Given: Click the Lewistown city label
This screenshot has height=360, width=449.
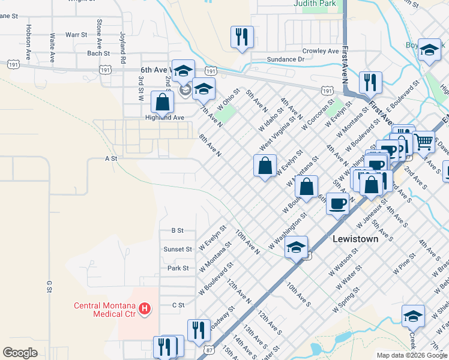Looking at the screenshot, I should coord(355,239).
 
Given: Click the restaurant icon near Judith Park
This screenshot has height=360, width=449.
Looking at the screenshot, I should coord(242,37).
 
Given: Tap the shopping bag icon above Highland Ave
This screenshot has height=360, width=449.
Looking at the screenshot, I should coord(162,101).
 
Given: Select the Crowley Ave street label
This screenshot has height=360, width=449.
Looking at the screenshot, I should coord(321,51).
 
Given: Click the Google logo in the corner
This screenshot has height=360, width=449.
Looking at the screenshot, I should coord(20,353).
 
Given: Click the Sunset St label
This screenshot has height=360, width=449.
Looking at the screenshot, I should coord(177,249).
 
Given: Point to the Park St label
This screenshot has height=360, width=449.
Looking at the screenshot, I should coord(178,268).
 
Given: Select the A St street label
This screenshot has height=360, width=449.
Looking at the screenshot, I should coord(110,158).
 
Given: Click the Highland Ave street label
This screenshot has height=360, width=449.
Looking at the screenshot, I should coord(164,118).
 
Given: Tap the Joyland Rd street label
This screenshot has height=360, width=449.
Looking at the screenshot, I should coord(122,48).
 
